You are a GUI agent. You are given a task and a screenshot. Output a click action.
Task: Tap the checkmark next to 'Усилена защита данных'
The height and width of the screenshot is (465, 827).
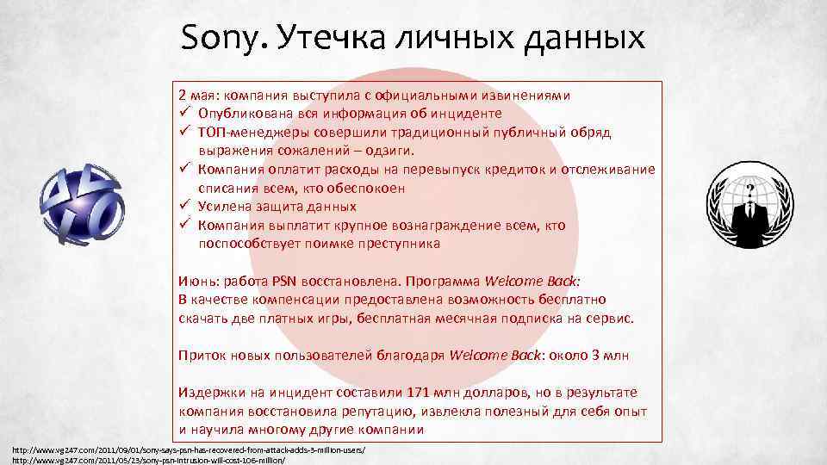pos(184,207)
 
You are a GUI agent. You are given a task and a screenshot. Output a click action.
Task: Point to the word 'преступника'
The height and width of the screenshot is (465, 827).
pos(398,244)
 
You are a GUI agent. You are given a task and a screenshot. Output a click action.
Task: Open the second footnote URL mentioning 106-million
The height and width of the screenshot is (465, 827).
pos(146,460)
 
